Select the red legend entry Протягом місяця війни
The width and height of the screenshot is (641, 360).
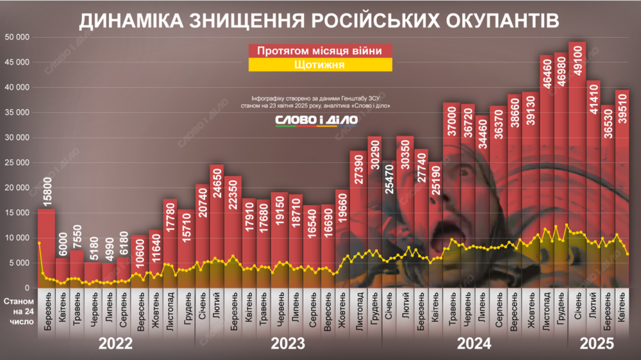point(319,51)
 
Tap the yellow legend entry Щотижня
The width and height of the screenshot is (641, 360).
point(319,65)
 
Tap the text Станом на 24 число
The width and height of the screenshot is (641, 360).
point(19,311)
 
